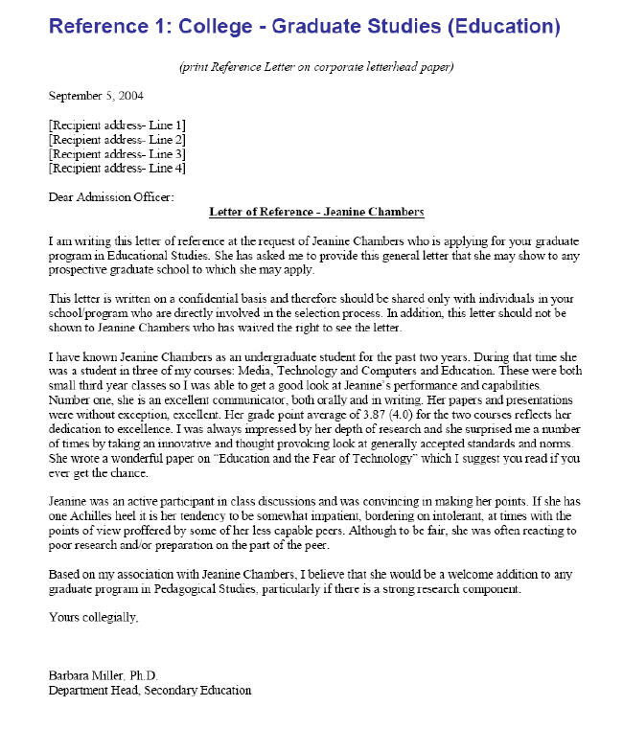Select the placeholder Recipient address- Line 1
coord(117,125)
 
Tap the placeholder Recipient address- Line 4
coord(117,169)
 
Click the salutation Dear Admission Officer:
coord(112,197)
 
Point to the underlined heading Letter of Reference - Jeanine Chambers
coord(316,212)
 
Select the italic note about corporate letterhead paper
coord(315,67)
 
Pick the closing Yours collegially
coord(93,617)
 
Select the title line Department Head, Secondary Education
coord(150,690)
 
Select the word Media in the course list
coord(278,355)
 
